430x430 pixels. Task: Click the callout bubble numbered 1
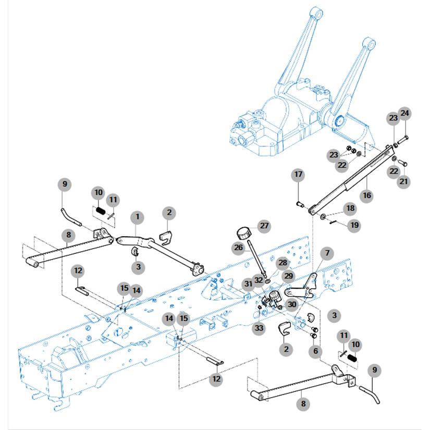click(x=138, y=216)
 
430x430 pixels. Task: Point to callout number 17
click(x=298, y=174)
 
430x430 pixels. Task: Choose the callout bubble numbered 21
click(x=404, y=181)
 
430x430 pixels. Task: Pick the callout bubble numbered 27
click(x=264, y=226)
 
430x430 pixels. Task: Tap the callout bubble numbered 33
click(x=259, y=328)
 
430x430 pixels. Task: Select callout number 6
click(x=315, y=352)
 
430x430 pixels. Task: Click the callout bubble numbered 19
click(x=354, y=226)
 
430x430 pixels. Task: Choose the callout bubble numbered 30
click(x=292, y=305)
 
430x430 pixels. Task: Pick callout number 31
click(x=249, y=283)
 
